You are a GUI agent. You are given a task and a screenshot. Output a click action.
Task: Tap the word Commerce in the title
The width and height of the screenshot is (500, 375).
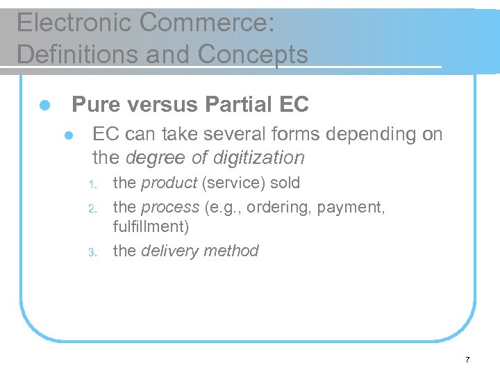coord(206,23)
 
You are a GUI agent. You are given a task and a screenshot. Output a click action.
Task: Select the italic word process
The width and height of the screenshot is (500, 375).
coord(169,207)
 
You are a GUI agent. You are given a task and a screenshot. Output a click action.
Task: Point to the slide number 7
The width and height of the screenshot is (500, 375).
coord(467,360)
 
